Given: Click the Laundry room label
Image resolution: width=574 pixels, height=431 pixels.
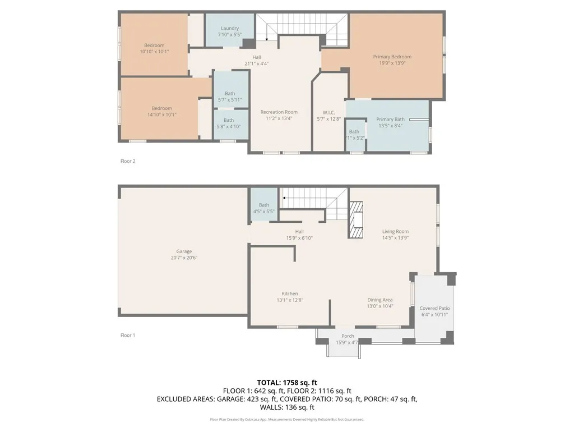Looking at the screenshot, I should [230, 28].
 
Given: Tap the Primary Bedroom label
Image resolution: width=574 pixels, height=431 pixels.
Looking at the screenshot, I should [392, 57].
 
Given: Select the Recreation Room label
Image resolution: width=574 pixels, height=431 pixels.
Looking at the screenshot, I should [279, 112].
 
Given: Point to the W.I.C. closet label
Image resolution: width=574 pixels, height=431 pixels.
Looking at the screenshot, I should [328, 112].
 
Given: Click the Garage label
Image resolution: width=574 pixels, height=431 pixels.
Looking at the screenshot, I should [184, 251].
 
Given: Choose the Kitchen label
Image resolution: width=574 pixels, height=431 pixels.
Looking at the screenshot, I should [290, 294].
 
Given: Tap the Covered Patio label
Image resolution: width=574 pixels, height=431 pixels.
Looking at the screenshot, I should [434, 309].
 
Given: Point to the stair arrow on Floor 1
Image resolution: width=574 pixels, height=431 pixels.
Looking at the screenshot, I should [284, 198].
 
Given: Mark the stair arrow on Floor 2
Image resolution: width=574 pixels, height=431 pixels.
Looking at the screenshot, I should [266, 38].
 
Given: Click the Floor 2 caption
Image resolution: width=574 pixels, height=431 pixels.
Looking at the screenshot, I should [128, 161].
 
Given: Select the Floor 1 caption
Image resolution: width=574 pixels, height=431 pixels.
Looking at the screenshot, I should [128, 335].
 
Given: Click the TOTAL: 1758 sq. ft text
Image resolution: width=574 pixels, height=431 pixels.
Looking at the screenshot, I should [287, 382].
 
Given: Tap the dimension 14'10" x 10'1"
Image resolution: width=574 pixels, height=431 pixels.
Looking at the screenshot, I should [161, 114].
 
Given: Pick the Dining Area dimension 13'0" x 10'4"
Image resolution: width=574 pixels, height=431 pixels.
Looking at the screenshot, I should [379, 306].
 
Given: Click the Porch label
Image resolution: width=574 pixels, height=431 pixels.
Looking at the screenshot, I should [348, 336].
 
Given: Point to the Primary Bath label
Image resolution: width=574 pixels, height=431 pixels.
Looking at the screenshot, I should [390, 120].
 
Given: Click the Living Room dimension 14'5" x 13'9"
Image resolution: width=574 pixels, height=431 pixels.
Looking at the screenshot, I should [395, 237].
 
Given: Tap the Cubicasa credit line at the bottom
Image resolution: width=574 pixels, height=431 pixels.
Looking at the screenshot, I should [287, 419].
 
